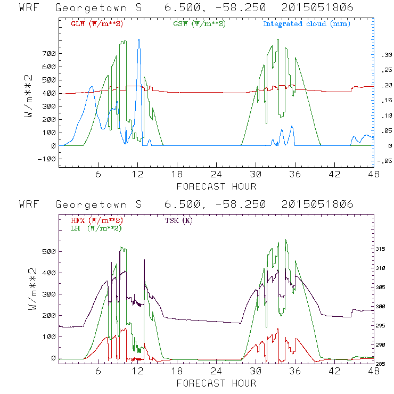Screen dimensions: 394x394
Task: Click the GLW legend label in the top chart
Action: pos(97,24)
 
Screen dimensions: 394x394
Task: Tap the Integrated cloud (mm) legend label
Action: pos(306,24)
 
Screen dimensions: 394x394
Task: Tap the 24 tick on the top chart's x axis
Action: pos(216,174)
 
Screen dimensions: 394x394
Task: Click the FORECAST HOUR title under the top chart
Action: pos(216,186)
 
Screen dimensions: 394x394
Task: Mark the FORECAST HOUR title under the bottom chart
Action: pos(216,383)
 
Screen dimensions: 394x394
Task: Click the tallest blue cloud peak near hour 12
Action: pos(139,39)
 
